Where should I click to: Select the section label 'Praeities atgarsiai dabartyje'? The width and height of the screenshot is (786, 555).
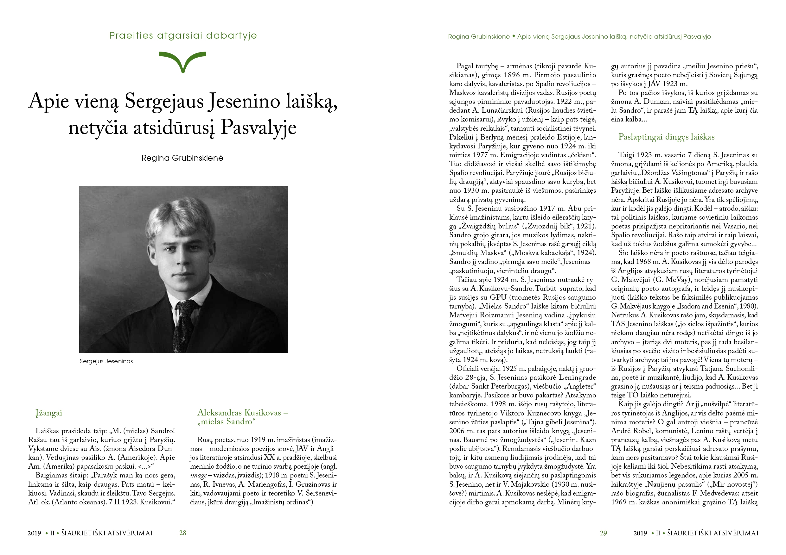click(183, 35)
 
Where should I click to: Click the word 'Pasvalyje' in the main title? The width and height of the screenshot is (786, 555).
click(259, 128)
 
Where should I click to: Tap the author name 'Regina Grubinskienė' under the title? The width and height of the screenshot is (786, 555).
click(182, 158)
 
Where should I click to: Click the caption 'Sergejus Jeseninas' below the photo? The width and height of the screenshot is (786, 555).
click(106, 361)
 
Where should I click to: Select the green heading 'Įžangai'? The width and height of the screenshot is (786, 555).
click(49, 413)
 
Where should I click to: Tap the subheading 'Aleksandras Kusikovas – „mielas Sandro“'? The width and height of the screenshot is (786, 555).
click(242, 417)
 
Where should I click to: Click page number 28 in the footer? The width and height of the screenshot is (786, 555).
click(183, 533)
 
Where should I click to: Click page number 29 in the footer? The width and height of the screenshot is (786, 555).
click(603, 533)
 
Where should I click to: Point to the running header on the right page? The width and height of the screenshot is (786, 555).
click(579, 37)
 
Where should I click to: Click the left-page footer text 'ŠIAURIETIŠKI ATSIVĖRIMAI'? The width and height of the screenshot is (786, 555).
click(107, 533)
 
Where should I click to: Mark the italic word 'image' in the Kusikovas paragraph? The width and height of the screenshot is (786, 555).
click(199, 476)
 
